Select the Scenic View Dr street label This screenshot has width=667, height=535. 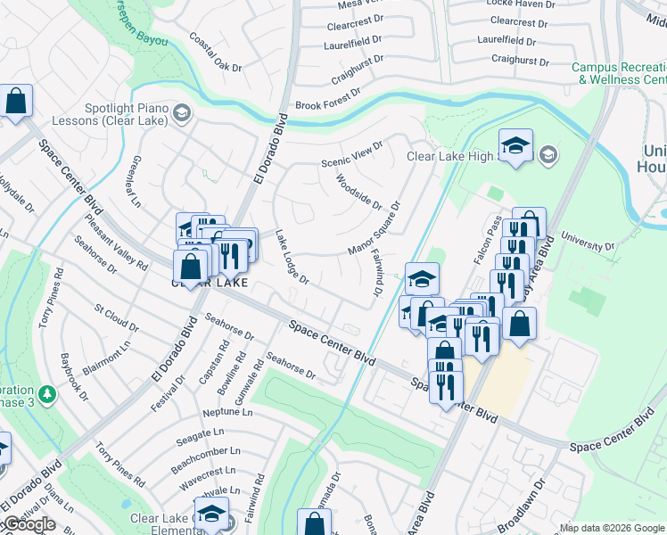click(351, 154)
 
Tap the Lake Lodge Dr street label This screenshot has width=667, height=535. click(292, 259)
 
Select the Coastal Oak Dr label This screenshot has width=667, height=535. click(215, 53)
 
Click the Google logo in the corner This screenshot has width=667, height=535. click(29, 525)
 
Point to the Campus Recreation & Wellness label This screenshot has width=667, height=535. click(619, 73)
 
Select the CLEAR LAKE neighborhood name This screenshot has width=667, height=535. click(209, 284)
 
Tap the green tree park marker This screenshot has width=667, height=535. click(45, 392)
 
